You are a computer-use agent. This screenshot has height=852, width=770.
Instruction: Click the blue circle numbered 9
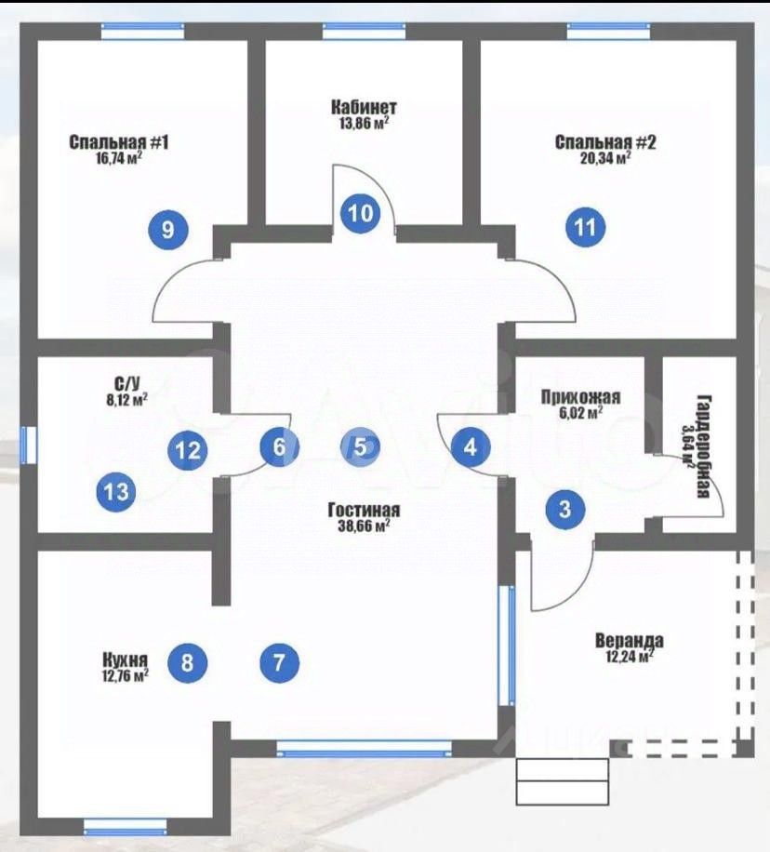point(167,228)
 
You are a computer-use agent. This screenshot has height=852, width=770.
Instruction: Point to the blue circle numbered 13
point(117,490)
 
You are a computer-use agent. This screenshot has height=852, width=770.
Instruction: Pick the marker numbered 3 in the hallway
point(564,509)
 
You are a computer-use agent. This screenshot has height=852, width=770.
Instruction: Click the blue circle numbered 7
point(279,663)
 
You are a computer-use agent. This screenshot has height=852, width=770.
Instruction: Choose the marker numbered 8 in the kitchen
point(188,663)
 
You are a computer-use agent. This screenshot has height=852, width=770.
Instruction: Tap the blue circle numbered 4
point(470,447)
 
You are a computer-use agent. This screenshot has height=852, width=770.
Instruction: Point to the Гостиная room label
point(364,510)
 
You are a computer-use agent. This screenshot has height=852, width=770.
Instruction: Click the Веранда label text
point(630,641)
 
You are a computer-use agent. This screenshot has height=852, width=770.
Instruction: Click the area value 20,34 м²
point(605,157)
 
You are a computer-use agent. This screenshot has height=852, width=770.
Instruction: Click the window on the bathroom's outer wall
point(29,444)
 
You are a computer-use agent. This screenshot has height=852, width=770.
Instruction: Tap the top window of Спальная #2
point(608,31)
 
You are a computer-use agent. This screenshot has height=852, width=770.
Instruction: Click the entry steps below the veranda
point(564,782)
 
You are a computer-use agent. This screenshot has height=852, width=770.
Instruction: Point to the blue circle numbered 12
point(188,452)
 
